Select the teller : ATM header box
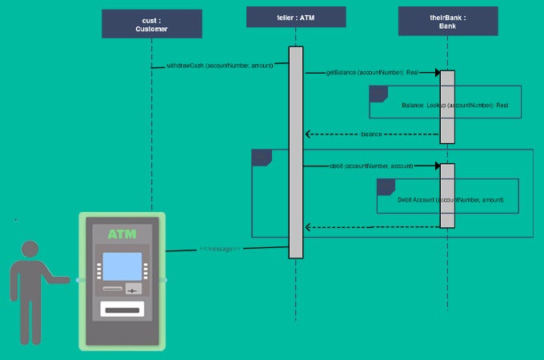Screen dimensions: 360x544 click(x=295, y=17)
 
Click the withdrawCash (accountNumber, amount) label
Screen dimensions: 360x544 click(x=220, y=66)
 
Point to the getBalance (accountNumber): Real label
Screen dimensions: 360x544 click(x=373, y=73)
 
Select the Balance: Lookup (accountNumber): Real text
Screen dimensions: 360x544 click(x=454, y=105)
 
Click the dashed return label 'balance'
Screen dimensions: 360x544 click(x=371, y=134)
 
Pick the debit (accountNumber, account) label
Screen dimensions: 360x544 click(x=371, y=166)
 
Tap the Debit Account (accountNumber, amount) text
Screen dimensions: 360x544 click(x=450, y=199)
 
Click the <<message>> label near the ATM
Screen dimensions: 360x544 click(x=219, y=250)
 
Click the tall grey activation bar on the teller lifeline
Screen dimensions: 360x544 click(x=296, y=152)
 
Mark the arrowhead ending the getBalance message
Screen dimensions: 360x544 click(x=437, y=73)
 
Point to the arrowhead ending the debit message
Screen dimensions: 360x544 click(x=437, y=166)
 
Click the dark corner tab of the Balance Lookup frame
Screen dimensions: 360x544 click(x=378, y=94)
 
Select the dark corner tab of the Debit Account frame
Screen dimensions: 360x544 click(x=386, y=186)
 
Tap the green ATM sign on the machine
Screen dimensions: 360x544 click(x=122, y=234)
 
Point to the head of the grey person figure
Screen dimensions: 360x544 click(x=30, y=250)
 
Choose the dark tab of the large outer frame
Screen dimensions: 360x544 click(x=262, y=158)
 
